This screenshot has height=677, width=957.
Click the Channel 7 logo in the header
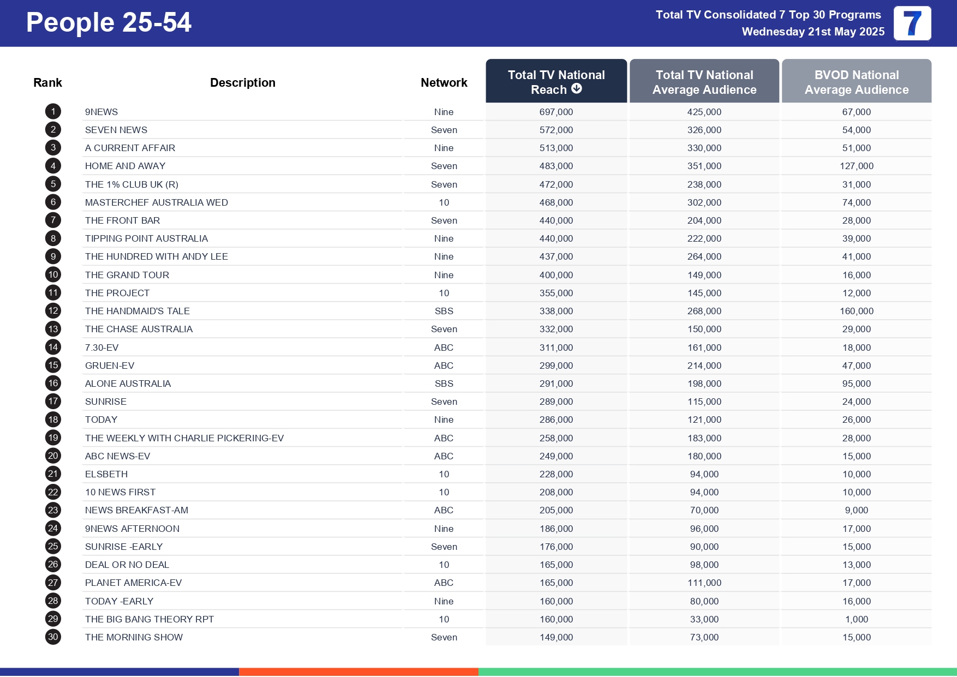point(912,23)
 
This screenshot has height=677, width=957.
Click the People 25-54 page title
point(109,23)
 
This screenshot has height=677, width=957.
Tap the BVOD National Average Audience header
point(856,82)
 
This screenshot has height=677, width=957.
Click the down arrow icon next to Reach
point(577,89)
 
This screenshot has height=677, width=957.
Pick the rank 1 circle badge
point(53,112)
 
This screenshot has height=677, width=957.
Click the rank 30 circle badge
point(53,637)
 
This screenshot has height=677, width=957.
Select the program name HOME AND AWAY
point(125,166)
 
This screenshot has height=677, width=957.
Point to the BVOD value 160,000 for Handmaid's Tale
point(856,311)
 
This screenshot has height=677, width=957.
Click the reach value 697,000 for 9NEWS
point(556,112)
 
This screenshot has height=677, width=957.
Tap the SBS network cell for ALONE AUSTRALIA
point(444,384)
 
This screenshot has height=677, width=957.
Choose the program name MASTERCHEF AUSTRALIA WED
point(156,202)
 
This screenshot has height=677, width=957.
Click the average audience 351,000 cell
point(704,166)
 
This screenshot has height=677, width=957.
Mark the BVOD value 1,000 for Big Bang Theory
point(856,619)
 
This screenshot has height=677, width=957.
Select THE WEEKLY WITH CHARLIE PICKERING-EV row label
point(184,438)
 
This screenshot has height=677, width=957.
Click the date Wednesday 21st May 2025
point(812,32)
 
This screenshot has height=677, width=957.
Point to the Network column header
point(444,82)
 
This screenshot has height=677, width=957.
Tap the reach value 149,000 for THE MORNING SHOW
point(556,637)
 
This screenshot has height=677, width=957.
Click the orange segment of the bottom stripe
point(358,672)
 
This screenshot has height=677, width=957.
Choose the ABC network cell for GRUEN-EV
point(444,366)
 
